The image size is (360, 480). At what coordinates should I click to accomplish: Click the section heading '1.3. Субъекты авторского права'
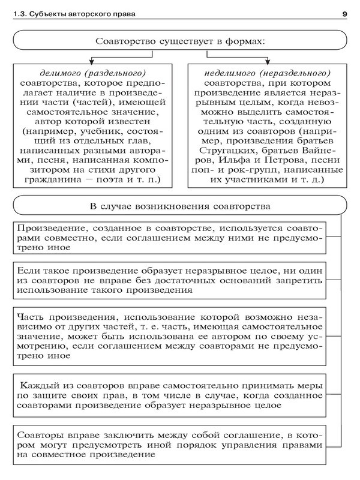tap(77, 14)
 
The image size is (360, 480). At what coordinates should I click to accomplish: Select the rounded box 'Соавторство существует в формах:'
tap(180, 41)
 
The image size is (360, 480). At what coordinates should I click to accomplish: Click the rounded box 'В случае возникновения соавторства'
tap(180, 206)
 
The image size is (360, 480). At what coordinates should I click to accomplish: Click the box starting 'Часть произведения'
tap(170, 335)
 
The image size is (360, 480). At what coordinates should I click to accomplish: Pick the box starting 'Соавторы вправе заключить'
tap(170, 444)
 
